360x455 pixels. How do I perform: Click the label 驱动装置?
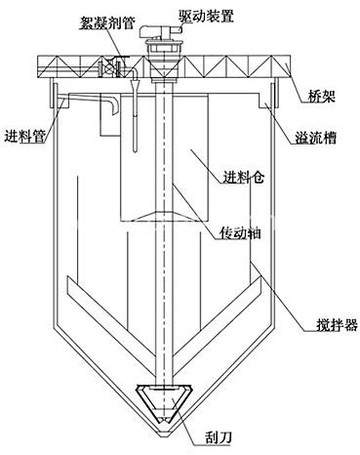[206, 16]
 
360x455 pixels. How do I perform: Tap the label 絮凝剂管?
[106, 23]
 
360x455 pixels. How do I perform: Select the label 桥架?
[321, 97]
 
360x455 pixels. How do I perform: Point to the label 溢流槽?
[315, 138]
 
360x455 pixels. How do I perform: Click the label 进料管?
[24, 136]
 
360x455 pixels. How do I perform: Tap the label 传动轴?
[240, 233]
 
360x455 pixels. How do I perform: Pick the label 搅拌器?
[337, 324]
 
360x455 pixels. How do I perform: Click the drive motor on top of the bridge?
[160, 32]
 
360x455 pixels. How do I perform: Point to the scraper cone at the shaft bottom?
[164, 403]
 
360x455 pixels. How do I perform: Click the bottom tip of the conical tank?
[164, 436]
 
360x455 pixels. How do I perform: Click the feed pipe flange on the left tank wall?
[54, 96]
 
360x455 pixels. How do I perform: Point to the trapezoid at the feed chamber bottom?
[164, 217]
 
